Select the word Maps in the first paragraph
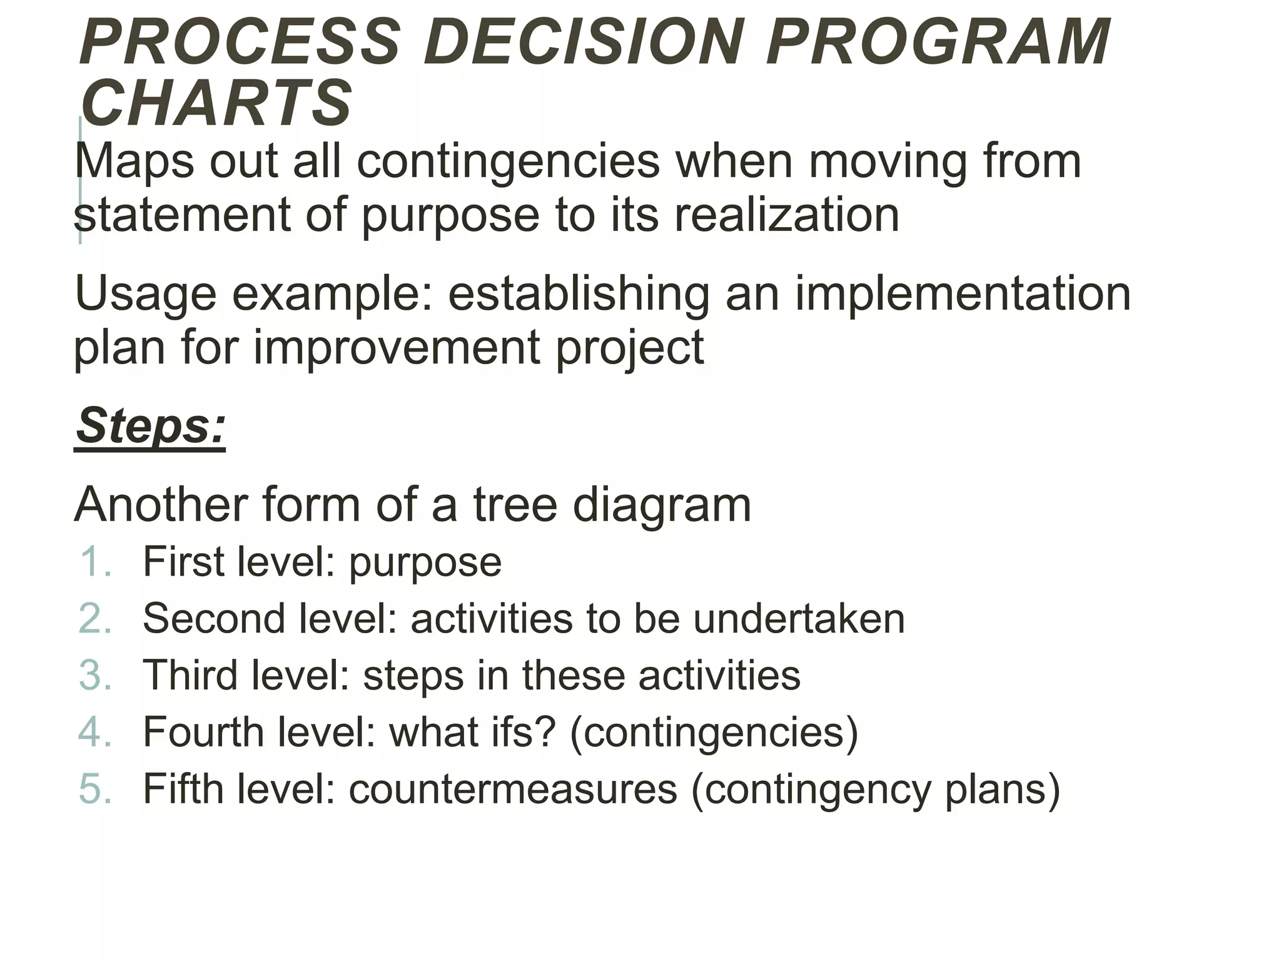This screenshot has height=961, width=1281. point(134,161)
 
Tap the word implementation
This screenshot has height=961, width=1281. point(963,293)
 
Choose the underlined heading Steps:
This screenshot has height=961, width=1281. point(150,425)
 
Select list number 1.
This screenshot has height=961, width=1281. point(95,561)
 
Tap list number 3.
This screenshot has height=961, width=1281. point(95,675)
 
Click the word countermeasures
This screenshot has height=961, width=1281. point(513,789)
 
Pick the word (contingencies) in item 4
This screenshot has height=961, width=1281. point(714,733)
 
